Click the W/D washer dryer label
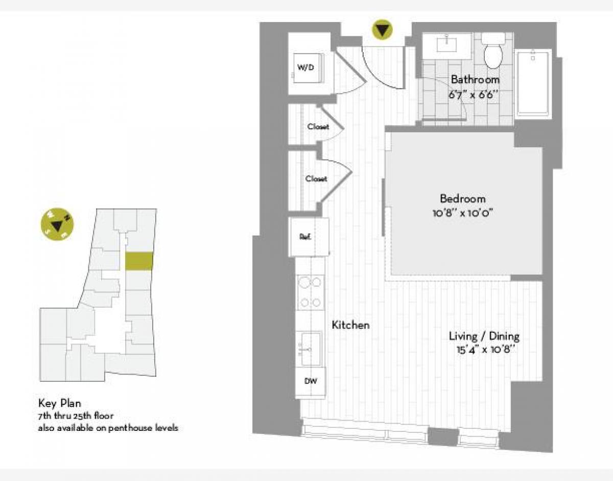305,67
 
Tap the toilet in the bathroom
493,53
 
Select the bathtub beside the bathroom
533,83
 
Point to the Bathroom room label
475,80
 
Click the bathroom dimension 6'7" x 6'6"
474,95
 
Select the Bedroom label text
462,199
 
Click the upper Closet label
318,127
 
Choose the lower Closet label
316,179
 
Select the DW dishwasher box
310,381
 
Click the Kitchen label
350,325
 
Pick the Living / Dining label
484,336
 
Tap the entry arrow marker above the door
382,30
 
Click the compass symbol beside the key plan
57,224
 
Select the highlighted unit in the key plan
139,261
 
